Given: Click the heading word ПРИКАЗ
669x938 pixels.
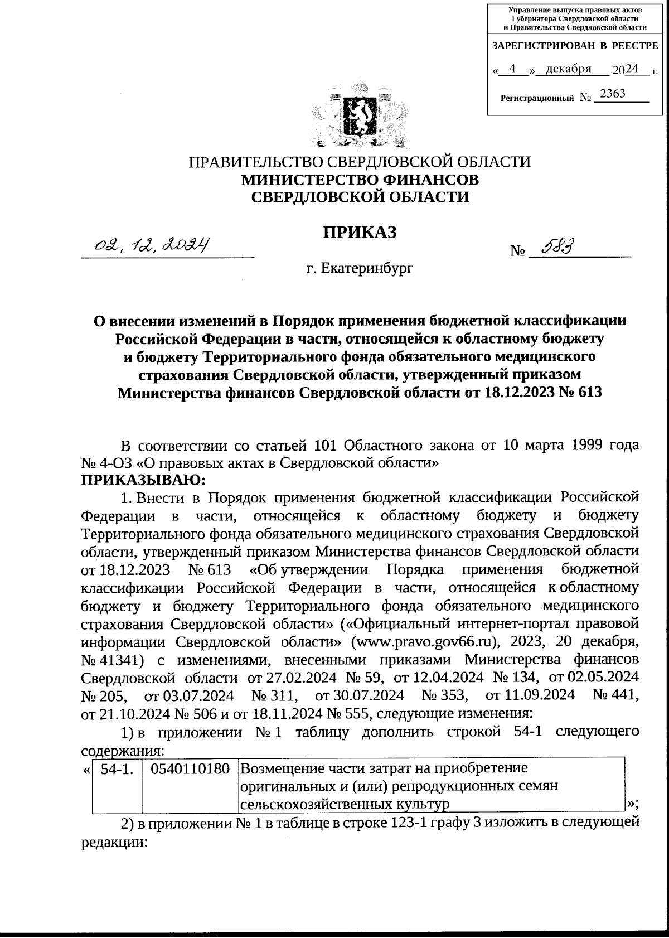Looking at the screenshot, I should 360,231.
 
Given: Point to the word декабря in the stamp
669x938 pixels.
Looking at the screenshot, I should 568,69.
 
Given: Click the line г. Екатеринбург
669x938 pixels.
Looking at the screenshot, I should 360,269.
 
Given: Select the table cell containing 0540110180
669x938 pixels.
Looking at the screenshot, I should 190,768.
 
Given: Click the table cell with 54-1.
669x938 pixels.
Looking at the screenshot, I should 117,768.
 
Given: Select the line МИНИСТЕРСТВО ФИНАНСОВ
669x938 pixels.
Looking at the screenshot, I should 360,180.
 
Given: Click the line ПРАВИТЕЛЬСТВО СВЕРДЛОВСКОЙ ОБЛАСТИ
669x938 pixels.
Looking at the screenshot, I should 360,162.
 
